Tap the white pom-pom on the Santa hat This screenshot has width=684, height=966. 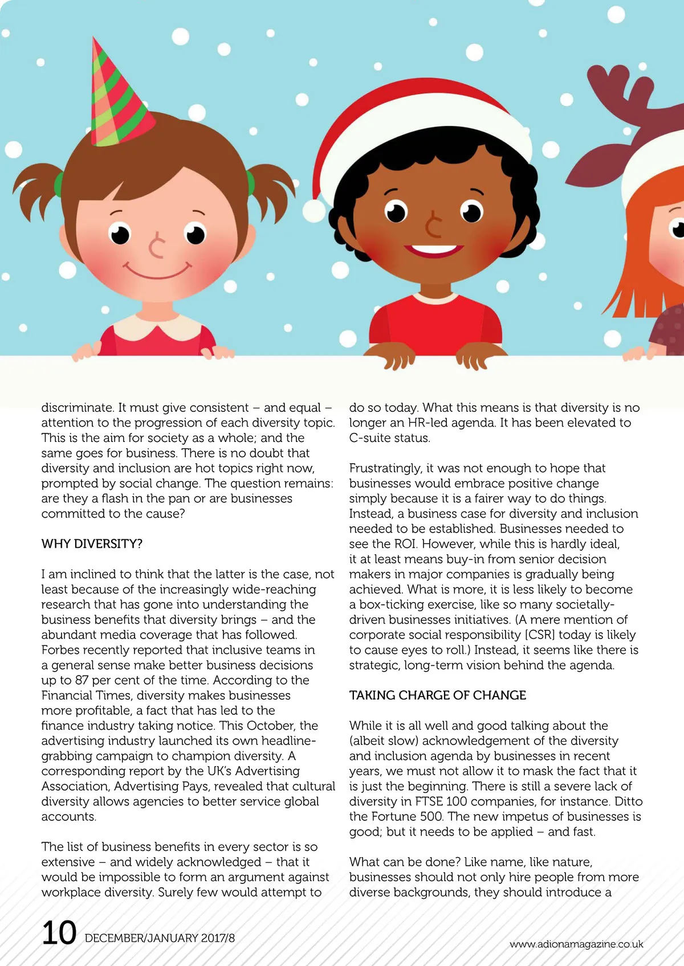(x=314, y=211)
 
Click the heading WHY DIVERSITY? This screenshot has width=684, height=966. (x=92, y=544)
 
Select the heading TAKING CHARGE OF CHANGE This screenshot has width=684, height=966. (x=438, y=695)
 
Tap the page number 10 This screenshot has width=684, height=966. (x=59, y=933)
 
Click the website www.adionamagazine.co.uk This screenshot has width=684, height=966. (x=576, y=944)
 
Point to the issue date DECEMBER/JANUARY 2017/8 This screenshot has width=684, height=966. (x=160, y=938)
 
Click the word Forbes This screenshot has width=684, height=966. (x=61, y=650)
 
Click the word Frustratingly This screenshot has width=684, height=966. (x=385, y=468)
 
